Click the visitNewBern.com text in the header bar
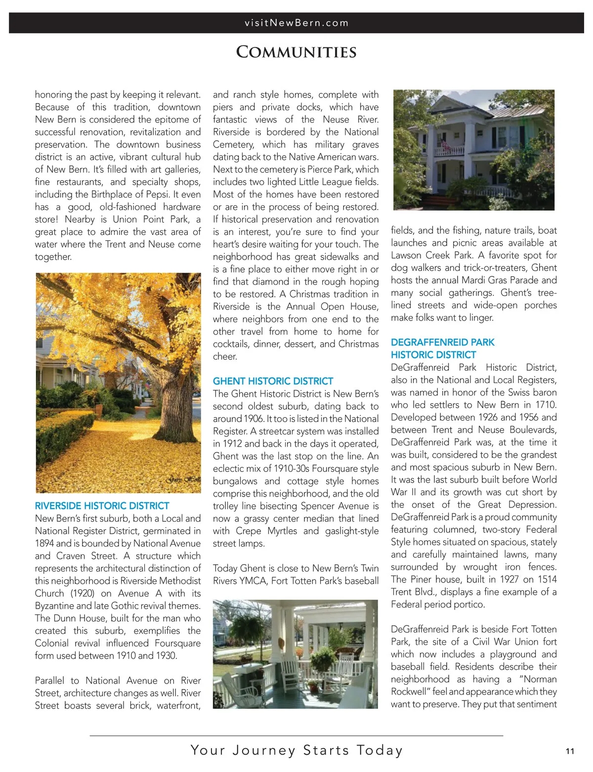pos(296,23)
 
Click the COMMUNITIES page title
pos(296,52)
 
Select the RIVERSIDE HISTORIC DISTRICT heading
pos(102,506)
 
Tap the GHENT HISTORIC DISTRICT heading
pos(273,381)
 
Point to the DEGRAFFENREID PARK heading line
pos(442,343)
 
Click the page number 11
pos(570,751)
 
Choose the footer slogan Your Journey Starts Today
pos(296,750)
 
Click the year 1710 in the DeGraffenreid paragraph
pos(546,405)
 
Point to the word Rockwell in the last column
pos(410,692)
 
